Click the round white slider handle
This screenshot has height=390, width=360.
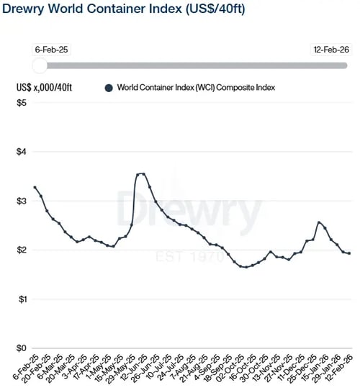40,65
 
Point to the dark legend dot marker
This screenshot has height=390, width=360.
109,88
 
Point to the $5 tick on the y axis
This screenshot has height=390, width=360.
22,103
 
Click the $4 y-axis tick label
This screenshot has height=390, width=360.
22,152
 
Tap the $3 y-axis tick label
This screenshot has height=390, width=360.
22,201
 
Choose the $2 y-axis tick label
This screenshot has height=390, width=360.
22,250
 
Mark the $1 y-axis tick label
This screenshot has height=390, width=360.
22,299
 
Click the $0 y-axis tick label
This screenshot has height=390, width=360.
22,348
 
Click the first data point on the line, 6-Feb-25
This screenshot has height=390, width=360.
35,187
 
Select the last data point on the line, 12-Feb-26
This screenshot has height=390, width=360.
350,253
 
